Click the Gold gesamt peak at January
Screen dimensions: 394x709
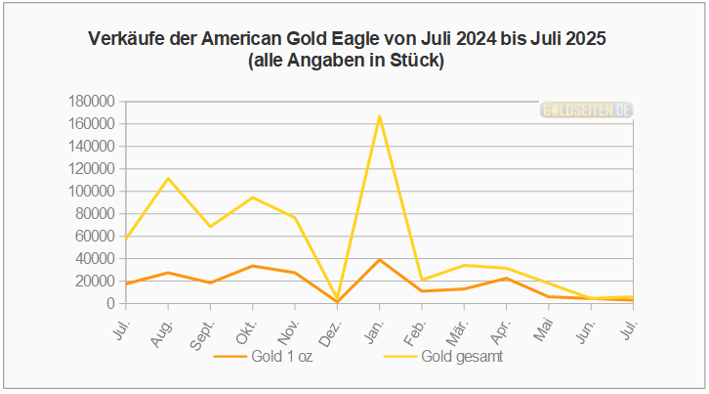tap(379, 116)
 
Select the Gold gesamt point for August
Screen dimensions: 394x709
tap(168, 178)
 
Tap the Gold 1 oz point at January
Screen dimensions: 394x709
tap(379, 260)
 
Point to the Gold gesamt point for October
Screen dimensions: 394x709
tap(253, 197)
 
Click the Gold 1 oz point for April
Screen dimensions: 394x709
tap(506, 279)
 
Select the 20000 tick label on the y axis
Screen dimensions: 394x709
tap(97, 281)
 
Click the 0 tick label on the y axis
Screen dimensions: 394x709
tap(112, 303)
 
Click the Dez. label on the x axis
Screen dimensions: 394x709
tap(331, 323)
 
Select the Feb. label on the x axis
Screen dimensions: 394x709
tap(416, 323)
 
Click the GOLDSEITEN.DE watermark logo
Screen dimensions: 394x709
tap(586, 110)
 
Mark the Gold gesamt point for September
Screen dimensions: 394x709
tap(211, 227)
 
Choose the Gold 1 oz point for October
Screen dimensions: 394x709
tap(253, 266)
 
